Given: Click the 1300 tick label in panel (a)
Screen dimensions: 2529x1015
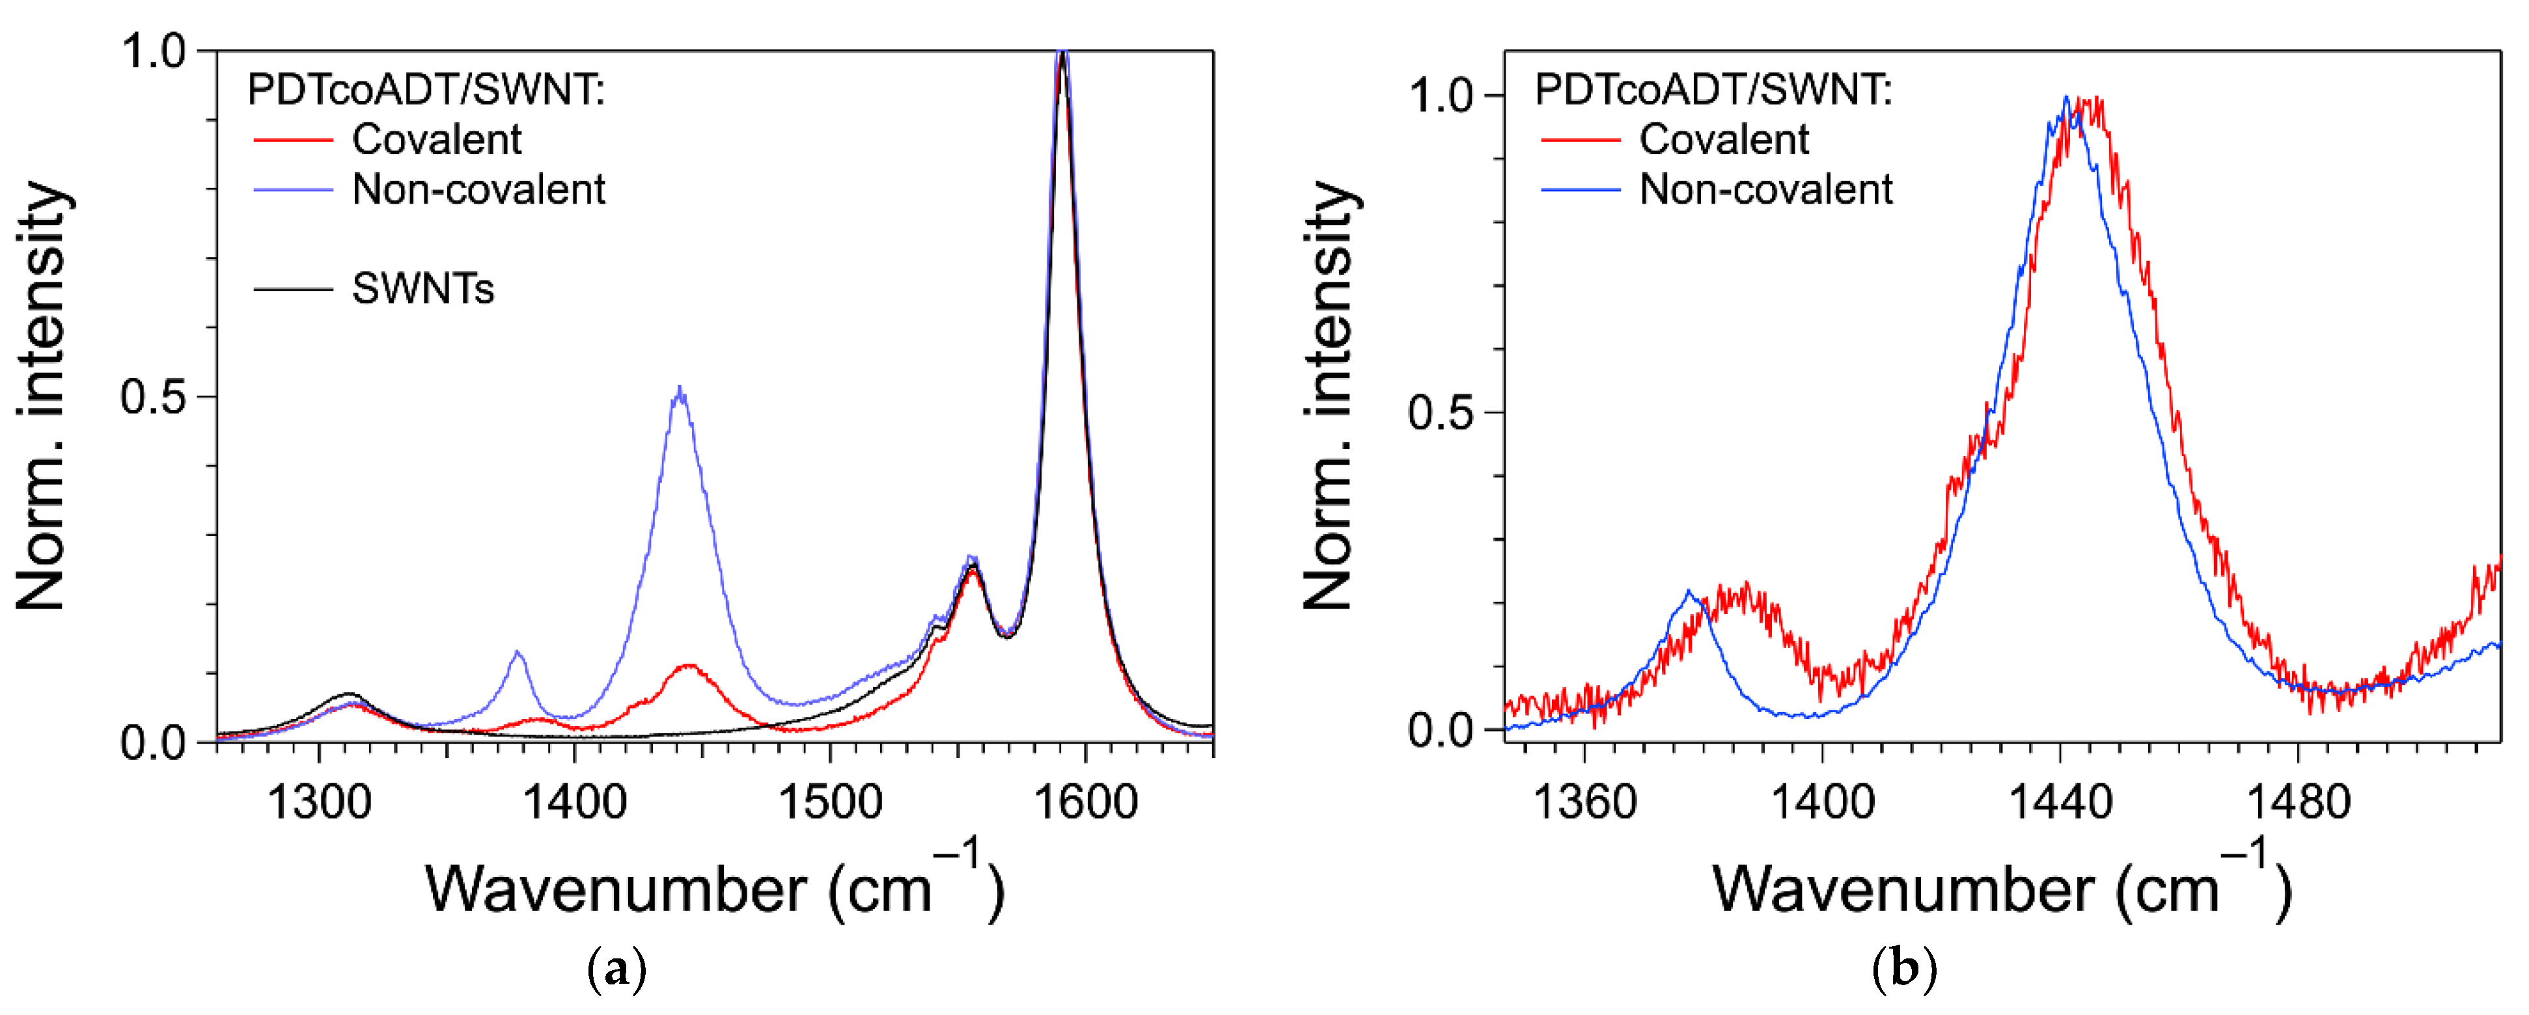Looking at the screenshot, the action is (318, 803).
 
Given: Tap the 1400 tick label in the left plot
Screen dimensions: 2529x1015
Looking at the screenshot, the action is (574, 803).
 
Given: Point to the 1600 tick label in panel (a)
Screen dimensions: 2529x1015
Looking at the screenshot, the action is (1086, 803).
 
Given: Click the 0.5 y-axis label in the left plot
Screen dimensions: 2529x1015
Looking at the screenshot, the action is (153, 398).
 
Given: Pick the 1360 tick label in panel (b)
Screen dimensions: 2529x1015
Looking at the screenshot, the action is (1584, 803).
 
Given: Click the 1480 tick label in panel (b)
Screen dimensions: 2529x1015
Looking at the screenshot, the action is (2299, 803).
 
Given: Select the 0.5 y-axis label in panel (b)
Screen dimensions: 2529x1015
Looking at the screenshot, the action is (1440, 413).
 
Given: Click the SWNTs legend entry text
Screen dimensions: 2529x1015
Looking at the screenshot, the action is (422, 289).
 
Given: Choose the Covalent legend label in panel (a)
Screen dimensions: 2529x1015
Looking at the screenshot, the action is (436, 139).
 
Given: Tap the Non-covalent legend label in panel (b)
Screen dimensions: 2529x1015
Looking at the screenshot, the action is (1765, 189).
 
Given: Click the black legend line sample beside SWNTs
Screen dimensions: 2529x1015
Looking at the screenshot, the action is (292, 289).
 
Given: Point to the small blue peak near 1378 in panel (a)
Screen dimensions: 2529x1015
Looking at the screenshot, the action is (518, 652).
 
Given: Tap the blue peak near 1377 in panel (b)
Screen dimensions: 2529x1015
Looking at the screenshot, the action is (1688, 592).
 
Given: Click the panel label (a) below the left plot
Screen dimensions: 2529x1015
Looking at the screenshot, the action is (616, 970).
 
